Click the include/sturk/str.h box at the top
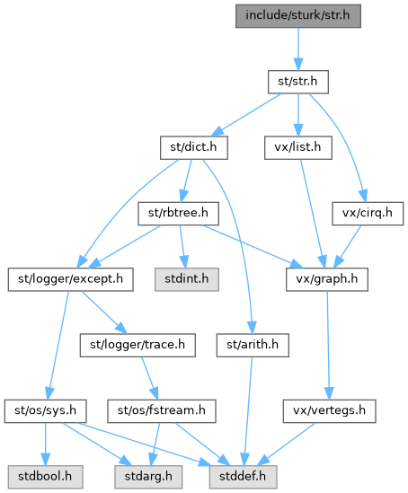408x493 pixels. coord(297,16)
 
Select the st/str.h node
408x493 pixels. coord(297,82)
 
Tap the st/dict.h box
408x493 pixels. coord(194,148)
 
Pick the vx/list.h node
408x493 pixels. coord(297,148)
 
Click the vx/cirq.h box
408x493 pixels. coord(368,214)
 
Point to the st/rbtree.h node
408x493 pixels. coord(178,214)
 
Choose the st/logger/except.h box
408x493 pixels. coord(70,279)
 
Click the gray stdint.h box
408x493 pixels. coord(187,279)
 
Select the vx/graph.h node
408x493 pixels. coord(327,279)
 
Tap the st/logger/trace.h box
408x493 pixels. coord(137,345)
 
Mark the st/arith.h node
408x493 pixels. coord(253,345)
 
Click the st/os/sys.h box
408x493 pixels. coord(45,411)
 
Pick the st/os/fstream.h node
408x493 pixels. coord(162,411)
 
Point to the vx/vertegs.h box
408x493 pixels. coord(329,411)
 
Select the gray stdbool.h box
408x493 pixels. coord(45,477)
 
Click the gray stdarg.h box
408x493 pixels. coord(148,477)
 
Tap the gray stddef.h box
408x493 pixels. coord(244,477)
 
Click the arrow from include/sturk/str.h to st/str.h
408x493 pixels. coord(298,49)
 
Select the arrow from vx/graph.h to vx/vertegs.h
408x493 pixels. coord(328,345)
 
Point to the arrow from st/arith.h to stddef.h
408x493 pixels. coord(248,411)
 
